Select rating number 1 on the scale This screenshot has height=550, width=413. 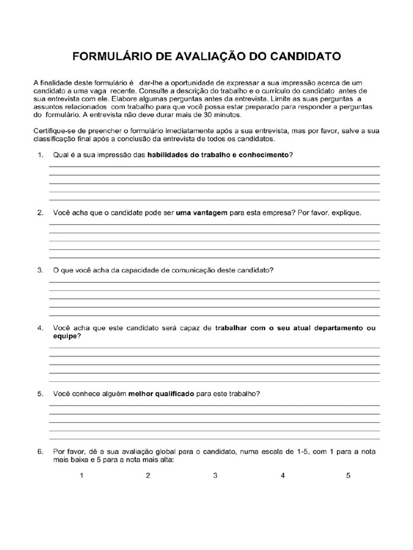[81, 475]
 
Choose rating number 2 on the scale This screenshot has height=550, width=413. [148, 475]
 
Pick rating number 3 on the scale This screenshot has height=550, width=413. [215, 475]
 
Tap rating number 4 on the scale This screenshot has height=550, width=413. [282, 475]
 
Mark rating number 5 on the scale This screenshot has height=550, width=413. [348, 475]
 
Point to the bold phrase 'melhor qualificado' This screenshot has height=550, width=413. [161, 394]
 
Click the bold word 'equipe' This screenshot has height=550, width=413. [66, 336]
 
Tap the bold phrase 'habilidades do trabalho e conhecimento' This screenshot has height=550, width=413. [218, 155]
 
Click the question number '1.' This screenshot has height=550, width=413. [40, 155]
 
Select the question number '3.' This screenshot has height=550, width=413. [40, 270]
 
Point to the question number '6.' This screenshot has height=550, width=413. [40, 452]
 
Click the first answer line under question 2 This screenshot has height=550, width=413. [214, 225]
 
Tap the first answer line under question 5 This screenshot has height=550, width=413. [214, 406]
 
